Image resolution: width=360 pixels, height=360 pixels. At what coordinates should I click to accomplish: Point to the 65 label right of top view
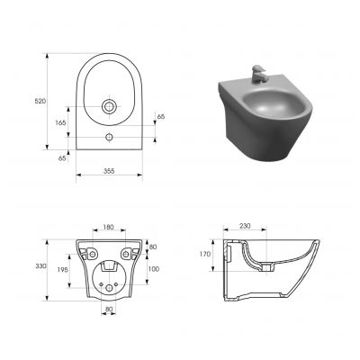161,117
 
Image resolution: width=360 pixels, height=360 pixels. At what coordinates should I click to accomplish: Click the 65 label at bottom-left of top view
61,157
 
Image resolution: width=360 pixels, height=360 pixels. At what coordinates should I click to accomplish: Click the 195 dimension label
62,271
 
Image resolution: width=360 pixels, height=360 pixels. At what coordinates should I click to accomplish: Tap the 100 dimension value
153,268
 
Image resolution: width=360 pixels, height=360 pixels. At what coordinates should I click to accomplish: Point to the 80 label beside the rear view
153,247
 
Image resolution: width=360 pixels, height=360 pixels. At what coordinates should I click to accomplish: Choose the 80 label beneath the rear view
110,310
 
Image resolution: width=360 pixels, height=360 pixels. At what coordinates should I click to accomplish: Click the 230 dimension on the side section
246,227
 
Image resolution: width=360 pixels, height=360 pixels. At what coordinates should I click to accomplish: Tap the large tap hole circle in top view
110,107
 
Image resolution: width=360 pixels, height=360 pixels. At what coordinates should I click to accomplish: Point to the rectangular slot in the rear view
110,265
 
